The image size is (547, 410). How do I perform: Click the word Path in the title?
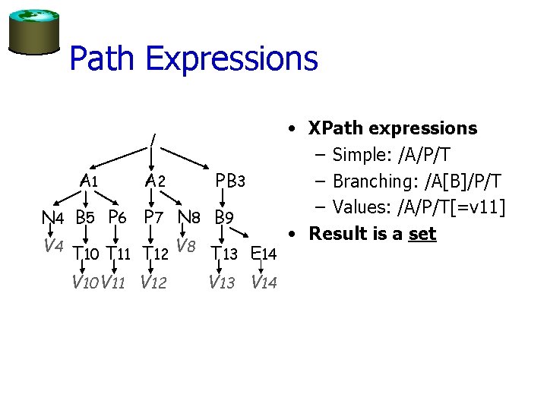(103, 58)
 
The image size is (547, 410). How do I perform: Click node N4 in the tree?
(52, 218)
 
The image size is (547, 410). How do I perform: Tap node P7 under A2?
(154, 218)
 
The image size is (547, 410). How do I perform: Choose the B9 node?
(223, 218)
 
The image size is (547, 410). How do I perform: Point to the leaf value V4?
(52, 245)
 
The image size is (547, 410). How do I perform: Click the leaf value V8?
(186, 245)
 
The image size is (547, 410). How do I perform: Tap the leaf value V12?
(153, 283)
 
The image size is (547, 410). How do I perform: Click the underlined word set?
(422, 234)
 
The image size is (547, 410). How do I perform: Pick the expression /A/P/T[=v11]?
(441, 207)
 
